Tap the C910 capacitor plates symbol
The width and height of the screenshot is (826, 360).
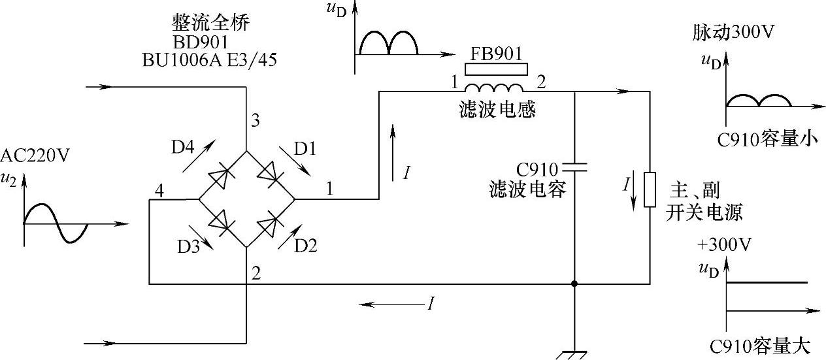pos(574,167)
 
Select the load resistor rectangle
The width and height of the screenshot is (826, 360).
pos(650,189)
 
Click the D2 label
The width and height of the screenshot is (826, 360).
pos(305,246)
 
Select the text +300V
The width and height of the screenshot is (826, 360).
pos(724,246)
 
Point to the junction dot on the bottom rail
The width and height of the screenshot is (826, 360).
pos(574,284)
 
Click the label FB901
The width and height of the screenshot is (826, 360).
pos(495,53)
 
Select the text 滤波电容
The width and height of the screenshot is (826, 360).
pos(527,190)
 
